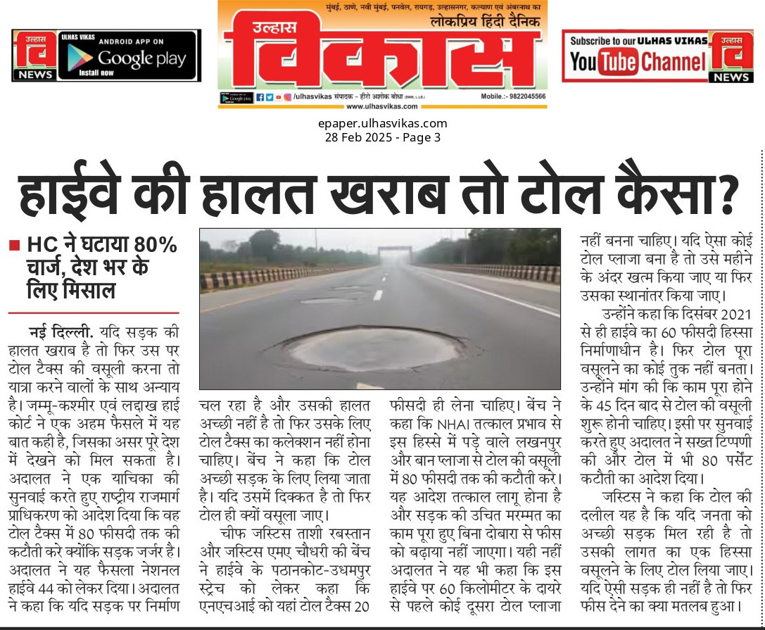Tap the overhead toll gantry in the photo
tap(394, 252)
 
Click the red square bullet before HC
tap(13, 246)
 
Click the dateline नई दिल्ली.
tap(61, 331)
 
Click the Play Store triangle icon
tap(79, 59)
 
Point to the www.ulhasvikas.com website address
tap(381, 106)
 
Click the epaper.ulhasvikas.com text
tap(382, 124)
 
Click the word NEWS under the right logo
tap(731, 77)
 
